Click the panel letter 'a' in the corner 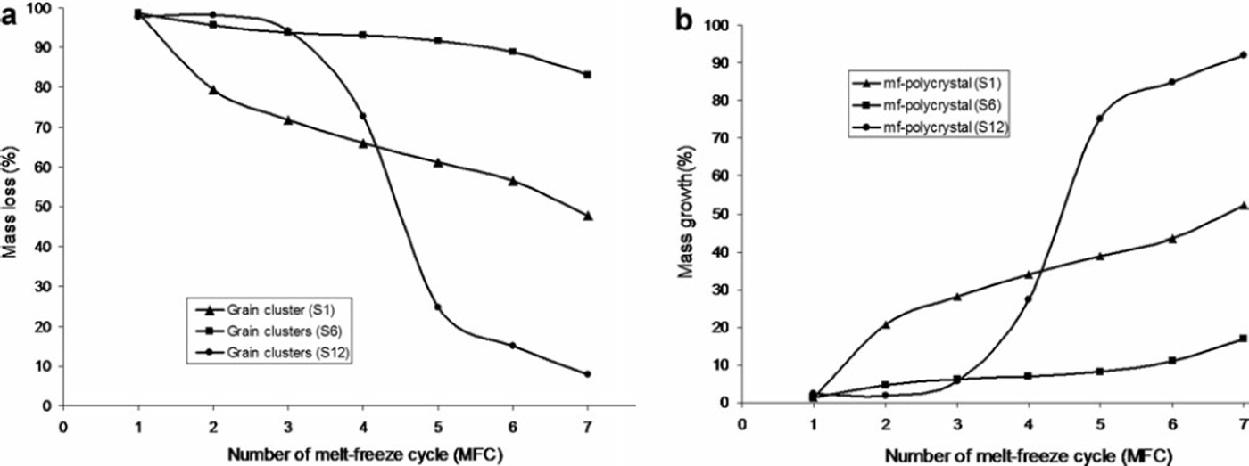(11, 19)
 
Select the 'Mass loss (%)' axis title (12, 207)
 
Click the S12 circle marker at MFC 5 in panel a (438, 307)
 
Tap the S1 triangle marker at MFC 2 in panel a (213, 90)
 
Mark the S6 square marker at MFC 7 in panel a (588, 75)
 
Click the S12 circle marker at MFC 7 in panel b (1243, 55)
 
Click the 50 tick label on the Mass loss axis (41, 207)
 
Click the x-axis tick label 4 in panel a (363, 426)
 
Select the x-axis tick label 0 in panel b (741, 423)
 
